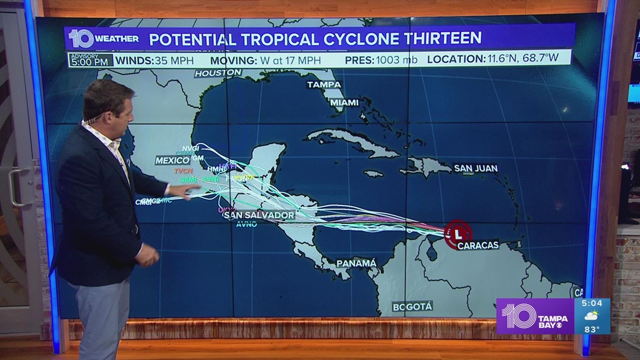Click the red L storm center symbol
(458, 233)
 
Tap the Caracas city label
(478, 245)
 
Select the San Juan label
(476, 168)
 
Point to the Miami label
(344, 102)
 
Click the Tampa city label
(324, 84)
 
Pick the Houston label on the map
(218, 73)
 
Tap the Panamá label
(356, 263)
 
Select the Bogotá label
(412, 306)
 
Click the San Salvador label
(258, 215)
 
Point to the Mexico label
(172, 161)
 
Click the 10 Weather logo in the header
(103, 38)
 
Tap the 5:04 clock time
(592, 304)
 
